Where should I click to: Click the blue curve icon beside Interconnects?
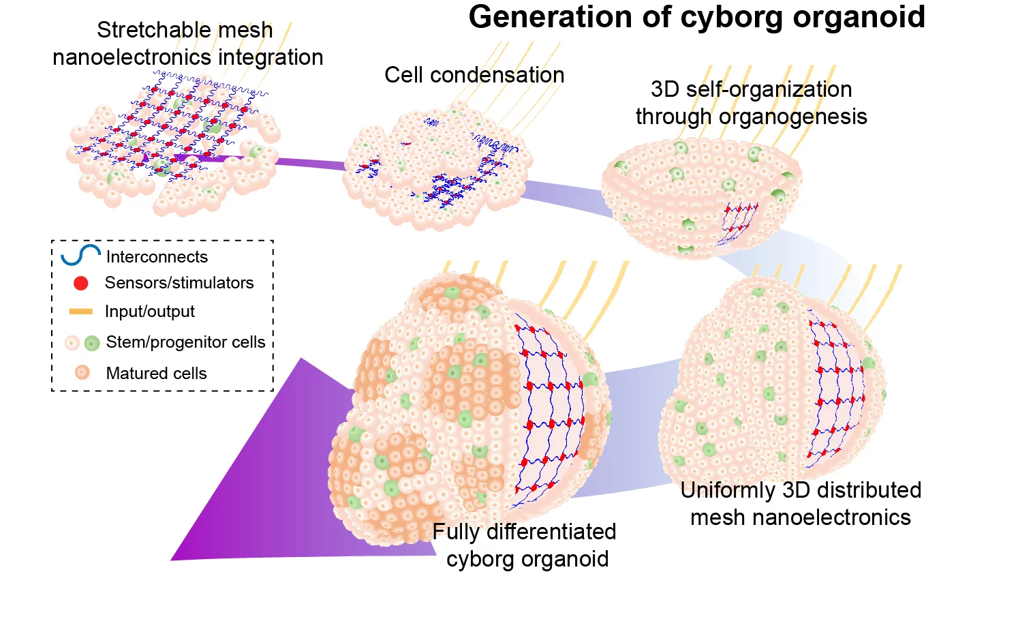tap(80, 255)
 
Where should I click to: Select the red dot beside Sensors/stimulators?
tap(80, 283)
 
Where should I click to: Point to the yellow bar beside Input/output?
tap(80, 312)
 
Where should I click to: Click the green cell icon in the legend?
tap(92, 343)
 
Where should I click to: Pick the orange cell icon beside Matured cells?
tap(82, 372)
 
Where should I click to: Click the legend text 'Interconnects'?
tap(157, 257)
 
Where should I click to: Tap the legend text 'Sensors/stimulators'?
tap(179, 283)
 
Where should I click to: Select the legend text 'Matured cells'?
tap(156, 374)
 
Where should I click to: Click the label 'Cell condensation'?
tap(474, 75)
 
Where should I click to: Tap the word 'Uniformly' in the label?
tap(728, 490)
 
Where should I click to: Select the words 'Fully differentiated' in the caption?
tap(524, 532)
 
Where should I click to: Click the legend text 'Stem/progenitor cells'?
tap(185, 342)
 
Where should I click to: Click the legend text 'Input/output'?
tap(149, 312)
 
